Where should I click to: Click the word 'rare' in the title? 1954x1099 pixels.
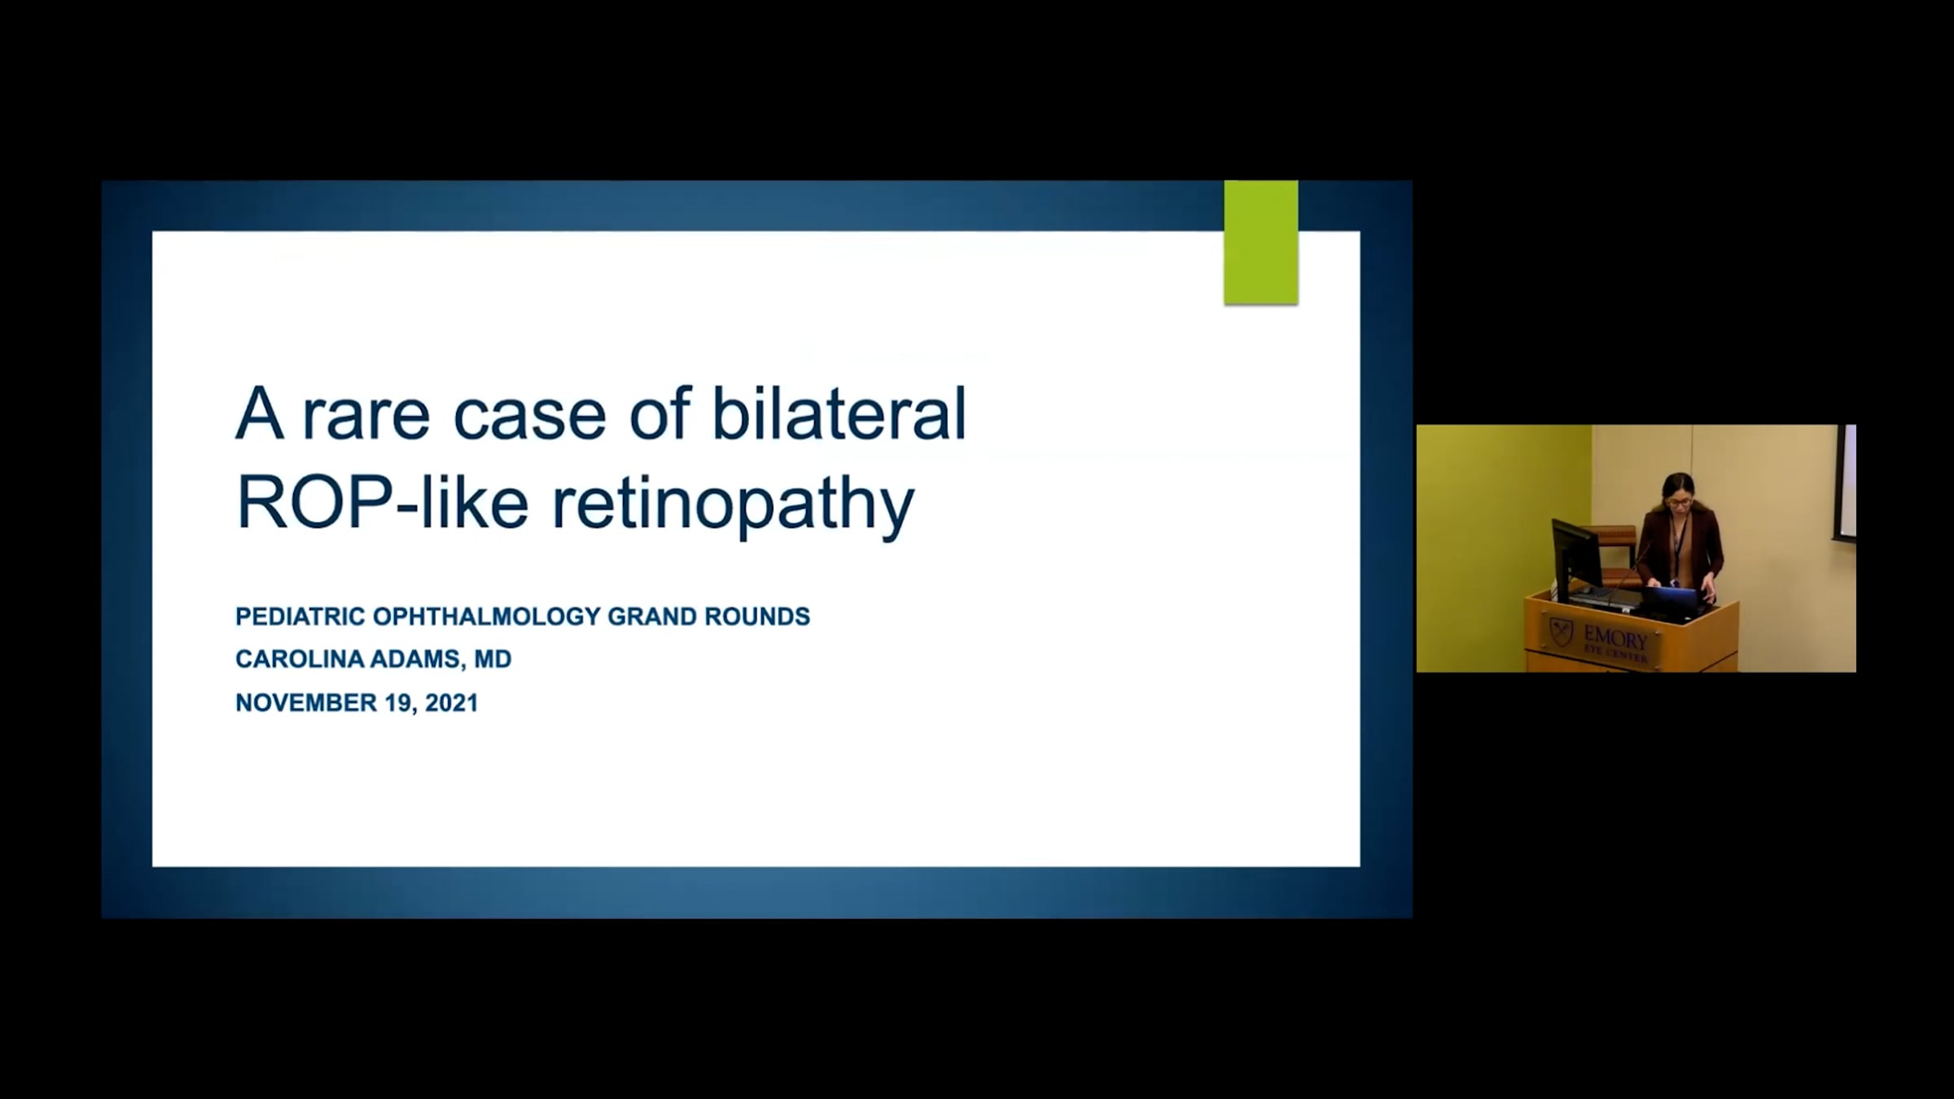(x=366, y=415)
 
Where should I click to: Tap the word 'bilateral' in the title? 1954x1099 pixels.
(x=839, y=412)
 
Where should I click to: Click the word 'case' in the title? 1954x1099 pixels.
(x=529, y=415)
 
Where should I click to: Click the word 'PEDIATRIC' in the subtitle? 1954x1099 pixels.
(x=300, y=616)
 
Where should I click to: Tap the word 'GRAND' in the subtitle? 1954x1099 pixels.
(x=651, y=616)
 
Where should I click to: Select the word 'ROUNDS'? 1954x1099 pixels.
(x=757, y=616)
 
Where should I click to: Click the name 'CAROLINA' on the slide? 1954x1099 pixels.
(x=300, y=659)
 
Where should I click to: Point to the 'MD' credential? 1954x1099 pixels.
(x=493, y=659)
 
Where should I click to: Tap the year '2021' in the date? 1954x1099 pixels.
(x=451, y=703)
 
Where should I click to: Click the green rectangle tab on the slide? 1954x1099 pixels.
(x=1261, y=243)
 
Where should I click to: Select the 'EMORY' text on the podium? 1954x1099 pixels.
(x=1615, y=637)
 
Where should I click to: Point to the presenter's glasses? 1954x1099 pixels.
(x=1679, y=502)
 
